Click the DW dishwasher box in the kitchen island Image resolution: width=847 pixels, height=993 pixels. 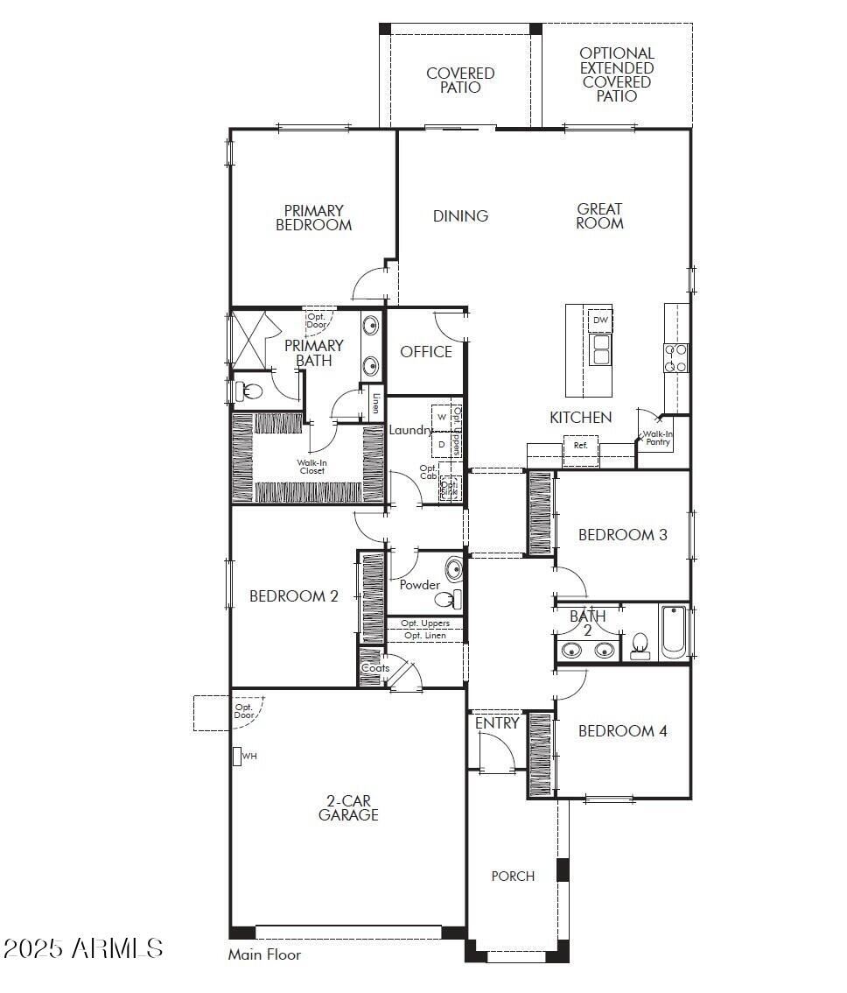(x=600, y=320)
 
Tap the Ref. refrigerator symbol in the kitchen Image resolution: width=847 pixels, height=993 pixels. (x=580, y=446)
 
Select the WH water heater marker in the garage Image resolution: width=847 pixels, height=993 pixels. (x=237, y=756)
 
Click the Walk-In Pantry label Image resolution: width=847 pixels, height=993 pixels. (x=658, y=438)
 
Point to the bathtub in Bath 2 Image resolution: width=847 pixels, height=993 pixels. (x=674, y=631)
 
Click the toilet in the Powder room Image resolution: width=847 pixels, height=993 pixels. (x=449, y=600)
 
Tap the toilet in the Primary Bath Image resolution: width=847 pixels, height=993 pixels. (x=250, y=390)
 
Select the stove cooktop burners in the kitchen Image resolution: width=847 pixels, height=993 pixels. (x=675, y=358)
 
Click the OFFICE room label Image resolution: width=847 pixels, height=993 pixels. (x=426, y=352)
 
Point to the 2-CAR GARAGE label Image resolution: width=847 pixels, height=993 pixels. (x=348, y=808)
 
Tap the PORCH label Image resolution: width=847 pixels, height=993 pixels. (x=513, y=877)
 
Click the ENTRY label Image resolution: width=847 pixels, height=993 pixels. (x=497, y=724)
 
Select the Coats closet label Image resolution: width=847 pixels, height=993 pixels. (x=375, y=668)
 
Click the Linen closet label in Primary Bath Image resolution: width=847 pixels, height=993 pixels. (x=375, y=405)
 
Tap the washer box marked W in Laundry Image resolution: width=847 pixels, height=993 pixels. (x=442, y=416)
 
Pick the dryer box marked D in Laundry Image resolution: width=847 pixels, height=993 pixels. (x=442, y=445)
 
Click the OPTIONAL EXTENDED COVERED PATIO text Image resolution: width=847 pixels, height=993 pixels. (x=617, y=74)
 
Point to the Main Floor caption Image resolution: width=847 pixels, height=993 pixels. (x=264, y=954)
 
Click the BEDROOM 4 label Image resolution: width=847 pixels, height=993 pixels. (x=622, y=731)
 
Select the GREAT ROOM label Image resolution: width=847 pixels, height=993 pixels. (x=599, y=216)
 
